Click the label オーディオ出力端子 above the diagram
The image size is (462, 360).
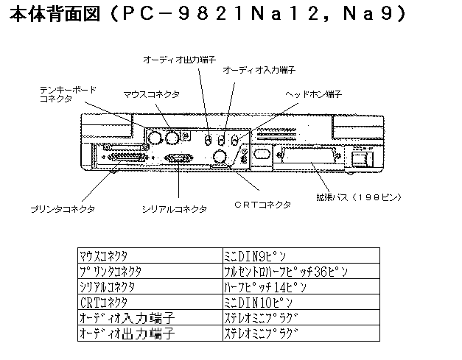pos(175,58)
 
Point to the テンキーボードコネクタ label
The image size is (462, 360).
pos(66,93)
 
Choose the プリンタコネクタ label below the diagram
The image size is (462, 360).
pos(63,209)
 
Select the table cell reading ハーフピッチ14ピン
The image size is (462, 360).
pos(257,287)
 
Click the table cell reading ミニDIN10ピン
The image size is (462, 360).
pos(257,303)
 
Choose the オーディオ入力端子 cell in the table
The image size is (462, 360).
pos(125,318)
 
